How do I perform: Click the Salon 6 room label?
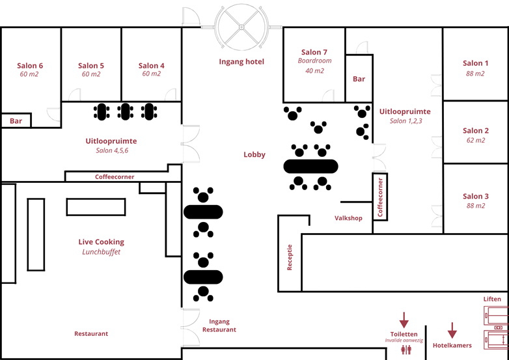(30, 66)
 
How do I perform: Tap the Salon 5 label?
(91, 66)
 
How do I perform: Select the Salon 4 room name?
(152, 66)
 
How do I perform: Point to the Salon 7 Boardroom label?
(314, 53)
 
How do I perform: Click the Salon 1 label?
(475, 63)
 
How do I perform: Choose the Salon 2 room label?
(475, 131)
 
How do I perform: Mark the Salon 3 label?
(475, 196)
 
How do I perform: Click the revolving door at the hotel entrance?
(241, 27)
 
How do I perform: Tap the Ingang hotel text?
(241, 62)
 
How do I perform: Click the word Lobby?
(255, 155)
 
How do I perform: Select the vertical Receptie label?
(290, 257)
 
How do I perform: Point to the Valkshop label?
(348, 218)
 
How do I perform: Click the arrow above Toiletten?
(404, 320)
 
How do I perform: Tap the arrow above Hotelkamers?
(452, 331)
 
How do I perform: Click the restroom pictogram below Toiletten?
(407, 350)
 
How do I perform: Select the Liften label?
(492, 299)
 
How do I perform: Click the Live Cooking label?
(101, 242)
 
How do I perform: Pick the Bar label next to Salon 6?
(16, 121)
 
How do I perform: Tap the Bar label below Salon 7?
(359, 79)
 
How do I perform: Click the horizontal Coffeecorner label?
(115, 177)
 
